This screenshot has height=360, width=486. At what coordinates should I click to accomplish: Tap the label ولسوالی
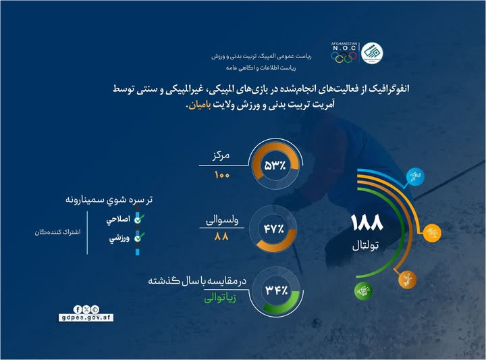point(221,221)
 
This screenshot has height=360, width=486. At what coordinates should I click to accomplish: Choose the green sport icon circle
point(360,290)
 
